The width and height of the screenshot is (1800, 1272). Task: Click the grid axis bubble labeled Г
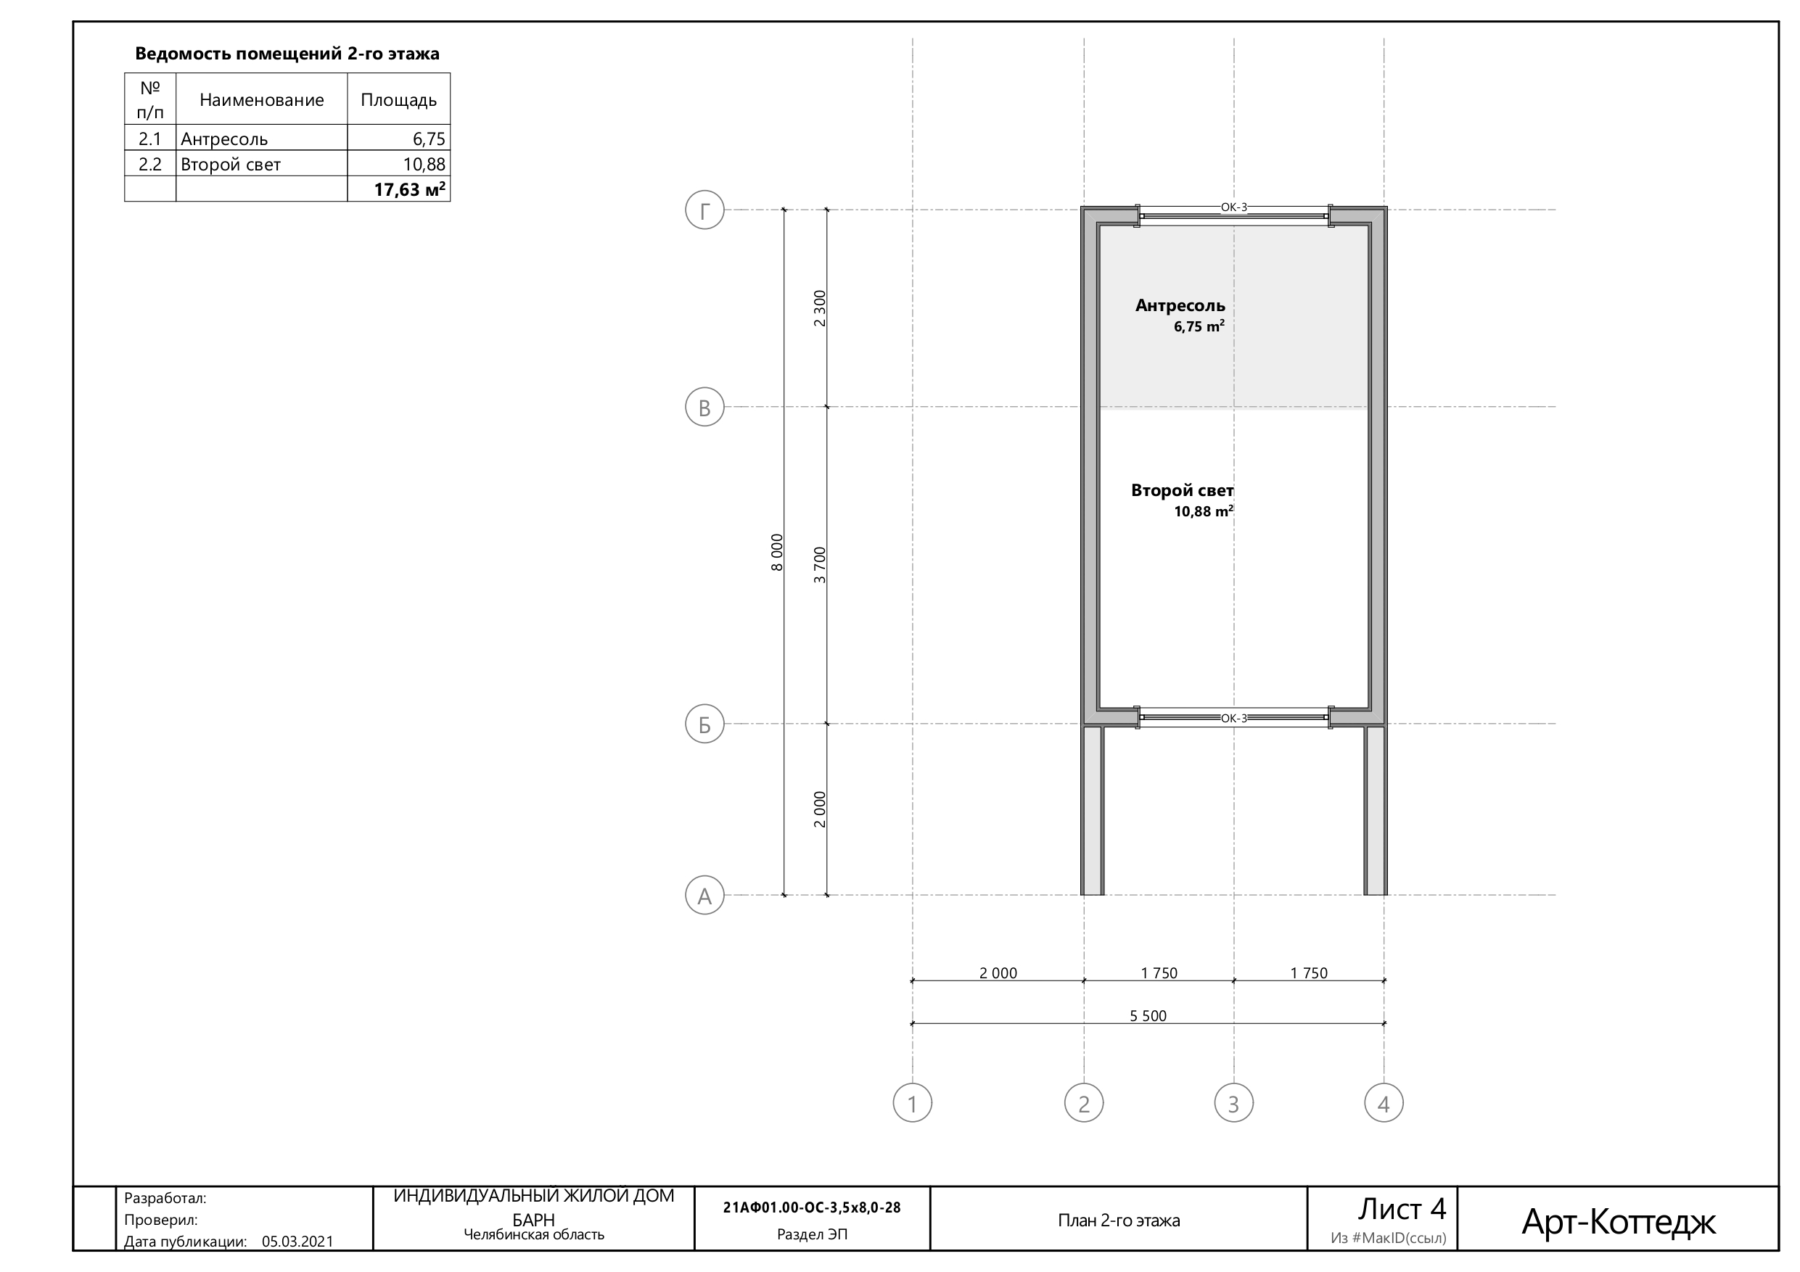pos(704,210)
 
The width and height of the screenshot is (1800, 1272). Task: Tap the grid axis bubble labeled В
pos(704,407)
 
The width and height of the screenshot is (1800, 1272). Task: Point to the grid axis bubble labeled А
pos(704,895)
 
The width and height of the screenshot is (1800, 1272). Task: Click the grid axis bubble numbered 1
pos(913,1103)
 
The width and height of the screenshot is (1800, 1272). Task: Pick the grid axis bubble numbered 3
pos(1234,1103)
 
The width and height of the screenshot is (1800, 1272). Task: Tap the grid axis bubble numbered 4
pos(1384,1103)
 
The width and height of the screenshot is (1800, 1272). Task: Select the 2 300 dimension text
pos(820,308)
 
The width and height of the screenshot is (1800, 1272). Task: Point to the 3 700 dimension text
pos(820,565)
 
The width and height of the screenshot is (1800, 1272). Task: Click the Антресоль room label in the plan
pos(1180,305)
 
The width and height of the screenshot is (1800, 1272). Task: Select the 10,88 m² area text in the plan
pos(1204,512)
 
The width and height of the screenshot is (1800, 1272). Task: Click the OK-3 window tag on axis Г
pos(1233,207)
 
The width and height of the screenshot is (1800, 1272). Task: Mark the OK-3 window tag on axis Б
pos(1233,718)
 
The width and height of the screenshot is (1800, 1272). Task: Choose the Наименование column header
pos(262,99)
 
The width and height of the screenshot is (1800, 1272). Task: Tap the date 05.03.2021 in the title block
pos(297,1242)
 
